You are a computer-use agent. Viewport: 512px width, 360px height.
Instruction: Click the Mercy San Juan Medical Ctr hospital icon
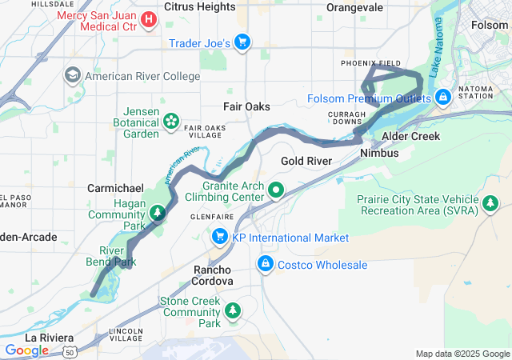(149, 18)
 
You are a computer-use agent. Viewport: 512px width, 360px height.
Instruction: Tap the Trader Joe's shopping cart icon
(243, 43)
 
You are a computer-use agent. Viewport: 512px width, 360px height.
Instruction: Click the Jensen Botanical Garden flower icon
(170, 121)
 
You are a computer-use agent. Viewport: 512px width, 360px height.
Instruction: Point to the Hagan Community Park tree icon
(158, 213)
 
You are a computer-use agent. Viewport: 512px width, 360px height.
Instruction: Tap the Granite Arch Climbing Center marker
(276, 190)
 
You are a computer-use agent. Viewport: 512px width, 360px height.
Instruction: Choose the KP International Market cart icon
(219, 238)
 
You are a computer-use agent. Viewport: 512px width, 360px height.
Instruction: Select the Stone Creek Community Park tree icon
(233, 310)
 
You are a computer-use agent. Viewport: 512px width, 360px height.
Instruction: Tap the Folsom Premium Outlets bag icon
(442, 98)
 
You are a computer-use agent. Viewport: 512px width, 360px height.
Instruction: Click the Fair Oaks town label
(246, 106)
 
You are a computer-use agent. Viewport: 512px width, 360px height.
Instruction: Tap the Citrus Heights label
(199, 6)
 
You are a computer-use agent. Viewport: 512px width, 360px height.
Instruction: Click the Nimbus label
(379, 153)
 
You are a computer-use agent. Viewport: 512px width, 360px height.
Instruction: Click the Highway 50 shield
(70, 350)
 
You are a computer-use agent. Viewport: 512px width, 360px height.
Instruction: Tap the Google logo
(26, 350)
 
